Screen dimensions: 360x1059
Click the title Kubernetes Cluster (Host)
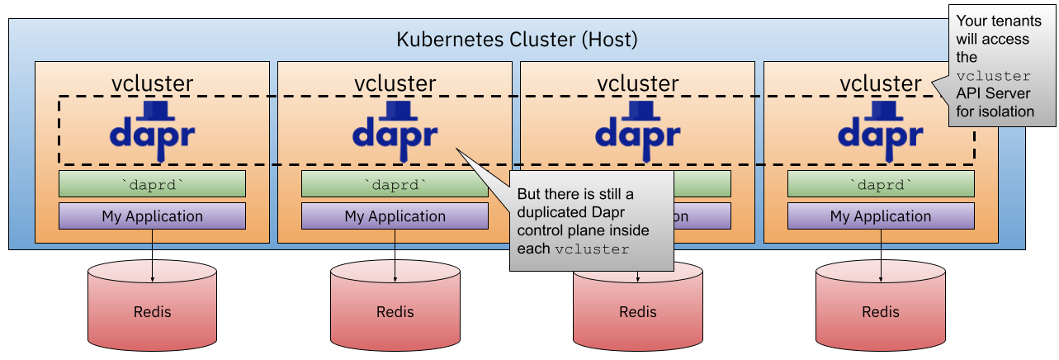click(x=517, y=39)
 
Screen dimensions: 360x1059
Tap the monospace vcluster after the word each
click(x=592, y=249)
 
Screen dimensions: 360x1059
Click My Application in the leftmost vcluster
click(x=152, y=216)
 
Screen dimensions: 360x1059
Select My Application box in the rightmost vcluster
click(x=880, y=216)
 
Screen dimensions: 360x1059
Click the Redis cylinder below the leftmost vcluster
click(x=152, y=306)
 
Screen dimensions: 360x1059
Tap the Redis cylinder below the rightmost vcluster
click(x=880, y=306)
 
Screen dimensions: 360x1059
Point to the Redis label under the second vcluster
click(x=395, y=312)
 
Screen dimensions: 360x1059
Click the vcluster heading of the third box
click(x=637, y=83)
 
